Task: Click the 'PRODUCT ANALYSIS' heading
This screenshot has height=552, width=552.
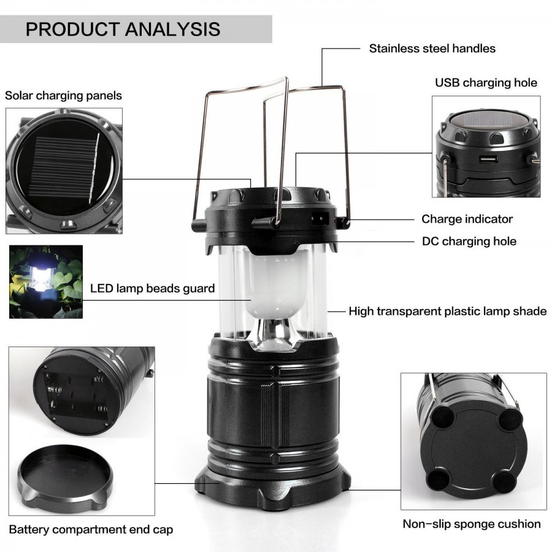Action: coord(123,29)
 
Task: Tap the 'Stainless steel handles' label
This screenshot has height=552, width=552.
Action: coord(432,48)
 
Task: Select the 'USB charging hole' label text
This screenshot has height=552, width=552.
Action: coord(486,83)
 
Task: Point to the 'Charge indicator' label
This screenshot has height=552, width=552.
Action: coord(467,219)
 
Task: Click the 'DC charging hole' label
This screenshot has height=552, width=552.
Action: coord(469,241)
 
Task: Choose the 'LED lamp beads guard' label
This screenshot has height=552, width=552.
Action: coord(152,288)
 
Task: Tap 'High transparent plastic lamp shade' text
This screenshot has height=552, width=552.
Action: coord(447,312)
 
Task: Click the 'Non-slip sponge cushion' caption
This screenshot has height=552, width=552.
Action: coord(471,524)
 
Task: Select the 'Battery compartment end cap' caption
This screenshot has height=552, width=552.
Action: coord(91,529)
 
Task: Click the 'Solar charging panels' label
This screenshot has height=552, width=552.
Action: coord(64,96)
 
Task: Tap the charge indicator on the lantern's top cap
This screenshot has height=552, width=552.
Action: coord(319,217)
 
